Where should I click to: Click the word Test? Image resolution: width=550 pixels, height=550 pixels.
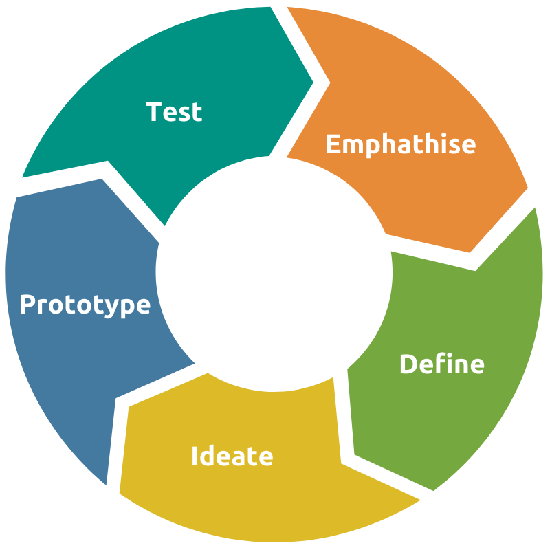tap(175, 111)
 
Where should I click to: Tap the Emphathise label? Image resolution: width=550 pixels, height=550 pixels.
tap(400, 144)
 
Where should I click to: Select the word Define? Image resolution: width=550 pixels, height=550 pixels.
tap(441, 364)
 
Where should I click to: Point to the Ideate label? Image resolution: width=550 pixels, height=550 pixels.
tap(232, 456)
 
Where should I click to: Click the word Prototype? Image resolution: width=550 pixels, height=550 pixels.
tap(85, 304)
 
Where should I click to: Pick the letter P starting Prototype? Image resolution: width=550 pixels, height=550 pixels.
tap(27, 304)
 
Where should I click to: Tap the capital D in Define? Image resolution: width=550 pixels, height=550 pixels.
tap(408, 364)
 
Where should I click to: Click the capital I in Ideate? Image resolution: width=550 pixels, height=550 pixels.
tap(195, 456)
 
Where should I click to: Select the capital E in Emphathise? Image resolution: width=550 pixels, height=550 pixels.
tap(333, 144)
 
